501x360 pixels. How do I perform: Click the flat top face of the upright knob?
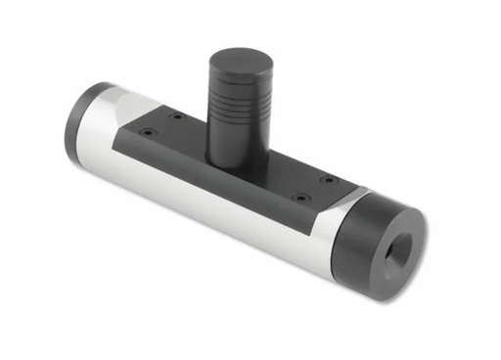tap(239, 62)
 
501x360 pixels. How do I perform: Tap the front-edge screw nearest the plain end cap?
tap(146, 134)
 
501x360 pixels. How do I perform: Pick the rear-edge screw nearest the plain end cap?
tap(176, 116)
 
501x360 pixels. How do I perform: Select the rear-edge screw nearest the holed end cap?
tap(327, 180)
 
